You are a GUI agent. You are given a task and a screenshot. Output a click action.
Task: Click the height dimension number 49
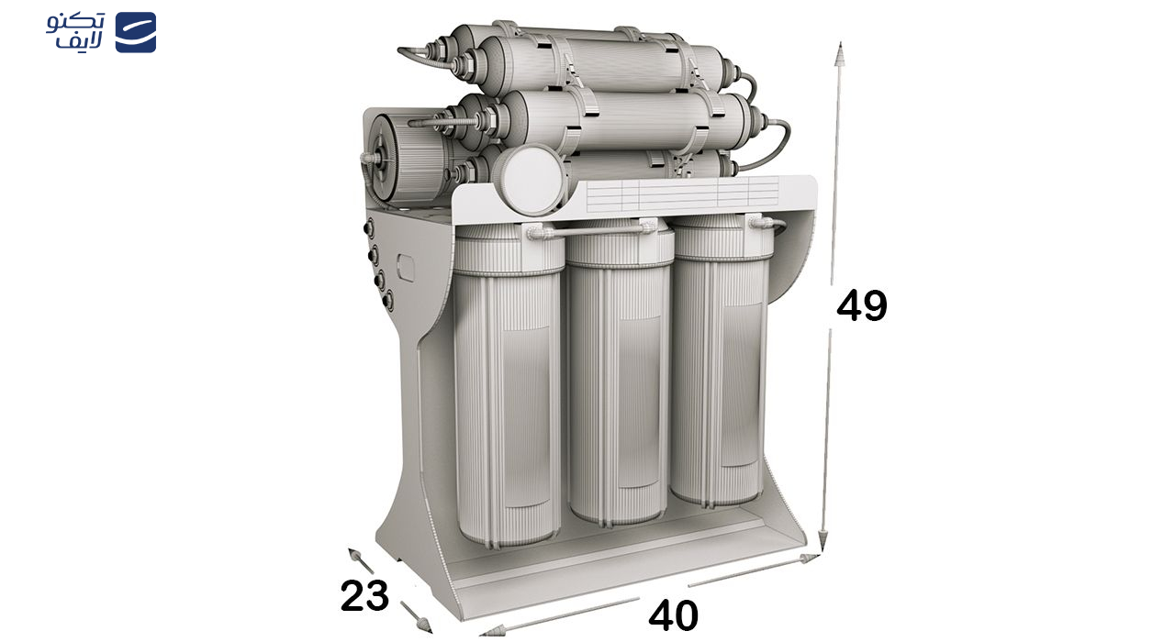pos(861,306)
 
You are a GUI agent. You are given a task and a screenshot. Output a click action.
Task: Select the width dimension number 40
pos(673,615)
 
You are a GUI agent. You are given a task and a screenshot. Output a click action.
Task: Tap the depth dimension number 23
pos(364,595)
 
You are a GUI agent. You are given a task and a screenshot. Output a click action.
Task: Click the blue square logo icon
pos(136,32)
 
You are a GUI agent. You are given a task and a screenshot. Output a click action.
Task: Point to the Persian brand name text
pos(75,31)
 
